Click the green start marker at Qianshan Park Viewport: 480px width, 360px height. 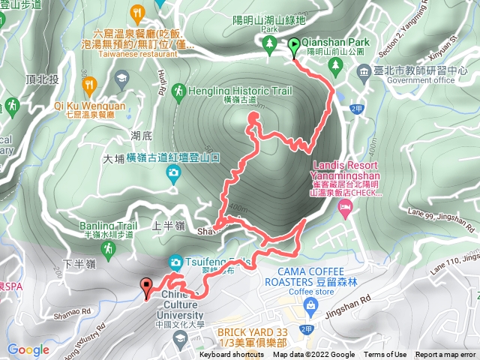coord(293,46)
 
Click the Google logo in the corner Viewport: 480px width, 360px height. coord(28,349)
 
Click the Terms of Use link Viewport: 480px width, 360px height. coord(385,355)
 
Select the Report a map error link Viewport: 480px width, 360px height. coord(445,355)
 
